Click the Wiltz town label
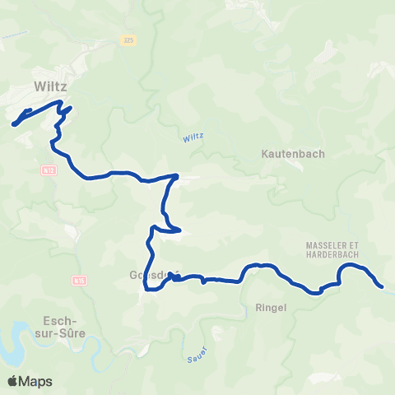click(50, 85)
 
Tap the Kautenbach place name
click(293, 154)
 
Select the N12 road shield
click(49, 169)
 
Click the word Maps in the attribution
click(36, 381)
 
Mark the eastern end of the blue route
click(382, 286)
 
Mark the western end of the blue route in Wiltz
click(14, 125)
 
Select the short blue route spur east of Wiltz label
click(68, 109)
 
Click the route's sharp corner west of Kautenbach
click(176, 175)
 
